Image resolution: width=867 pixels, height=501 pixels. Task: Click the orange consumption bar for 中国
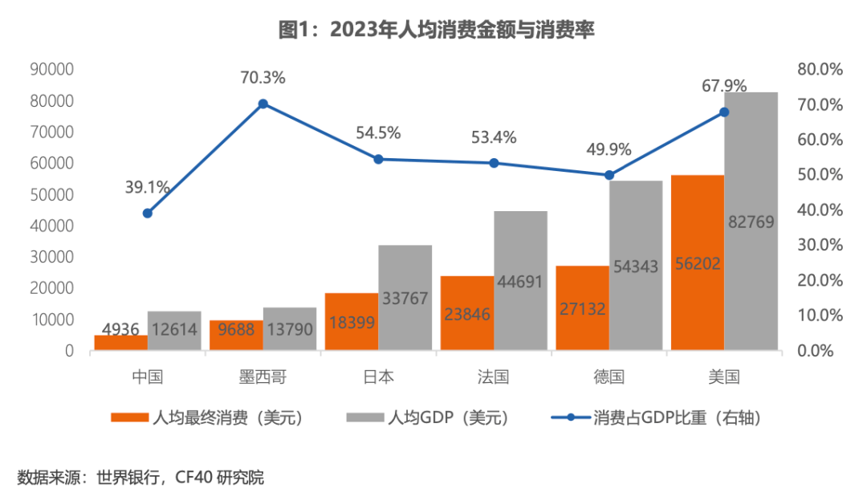coord(120,343)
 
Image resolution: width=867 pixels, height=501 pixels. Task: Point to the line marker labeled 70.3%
coord(263,104)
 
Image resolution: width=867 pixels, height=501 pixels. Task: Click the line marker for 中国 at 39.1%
coord(148,213)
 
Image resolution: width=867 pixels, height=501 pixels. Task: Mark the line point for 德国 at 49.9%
coord(609,175)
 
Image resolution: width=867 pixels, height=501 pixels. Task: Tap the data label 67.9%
coord(724,86)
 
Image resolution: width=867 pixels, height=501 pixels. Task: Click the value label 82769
coord(751,222)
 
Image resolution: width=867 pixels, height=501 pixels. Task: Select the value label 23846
coord(466,314)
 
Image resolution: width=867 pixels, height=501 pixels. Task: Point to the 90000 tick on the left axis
coord(51,69)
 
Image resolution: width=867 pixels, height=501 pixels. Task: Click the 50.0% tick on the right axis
coord(820,175)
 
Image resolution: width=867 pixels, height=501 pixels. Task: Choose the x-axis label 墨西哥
coord(263,377)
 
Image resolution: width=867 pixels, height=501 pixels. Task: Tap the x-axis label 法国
coord(493,377)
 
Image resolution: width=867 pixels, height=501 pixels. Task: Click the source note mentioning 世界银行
coord(140,479)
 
